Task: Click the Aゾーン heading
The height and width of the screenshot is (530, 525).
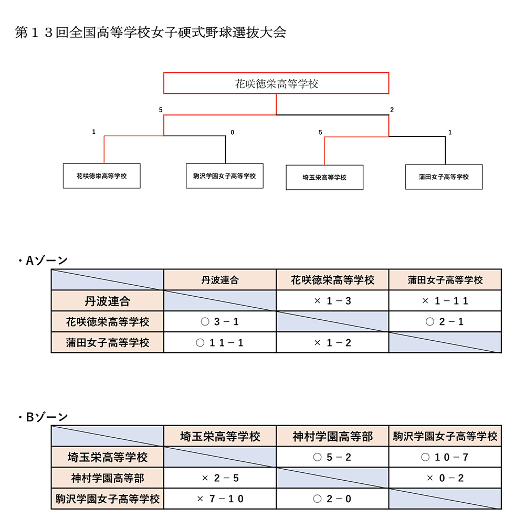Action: click(43, 261)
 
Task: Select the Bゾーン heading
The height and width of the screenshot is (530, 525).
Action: click(43, 417)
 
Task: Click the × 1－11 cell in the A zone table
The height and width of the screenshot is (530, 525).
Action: click(445, 301)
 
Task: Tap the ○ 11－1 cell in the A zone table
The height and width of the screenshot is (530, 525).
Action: click(220, 342)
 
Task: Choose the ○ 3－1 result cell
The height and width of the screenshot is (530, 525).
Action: click(220, 321)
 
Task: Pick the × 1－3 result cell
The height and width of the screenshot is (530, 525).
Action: click(332, 301)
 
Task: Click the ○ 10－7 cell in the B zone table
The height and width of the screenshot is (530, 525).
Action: click(445, 457)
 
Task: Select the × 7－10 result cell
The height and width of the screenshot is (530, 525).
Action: click(220, 499)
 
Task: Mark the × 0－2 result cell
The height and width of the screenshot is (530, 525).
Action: click(445, 478)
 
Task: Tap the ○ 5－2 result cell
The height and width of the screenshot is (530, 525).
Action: click(332, 457)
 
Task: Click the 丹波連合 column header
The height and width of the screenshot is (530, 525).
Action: click(220, 280)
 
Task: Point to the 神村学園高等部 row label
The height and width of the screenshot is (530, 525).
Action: click(108, 478)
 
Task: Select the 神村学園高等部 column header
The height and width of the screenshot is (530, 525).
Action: click(332, 436)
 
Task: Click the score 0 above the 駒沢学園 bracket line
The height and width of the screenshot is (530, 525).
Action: click(232, 132)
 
